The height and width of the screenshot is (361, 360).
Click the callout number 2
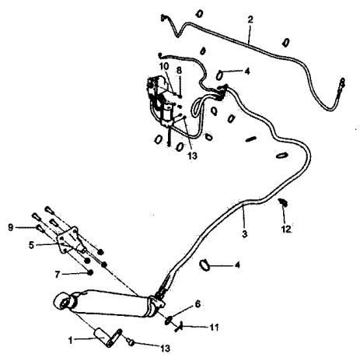click(x=250, y=19)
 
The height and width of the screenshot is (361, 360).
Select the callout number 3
click(x=245, y=233)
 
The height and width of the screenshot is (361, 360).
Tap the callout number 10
click(x=164, y=66)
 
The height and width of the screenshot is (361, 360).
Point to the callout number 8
click(x=179, y=70)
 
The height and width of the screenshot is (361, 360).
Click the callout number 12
click(x=286, y=229)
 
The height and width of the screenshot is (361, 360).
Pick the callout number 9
click(x=10, y=227)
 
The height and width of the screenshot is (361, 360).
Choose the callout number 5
click(x=31, y=245)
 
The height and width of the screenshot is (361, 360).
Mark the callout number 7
click(x=58, y=274)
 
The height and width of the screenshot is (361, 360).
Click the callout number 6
click(x=197, y=304)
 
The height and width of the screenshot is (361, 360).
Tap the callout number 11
click(x=214, y=328)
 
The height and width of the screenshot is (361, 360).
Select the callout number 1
click(x=71, y=340)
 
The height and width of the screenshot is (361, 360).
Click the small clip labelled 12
click(x=282, y=202)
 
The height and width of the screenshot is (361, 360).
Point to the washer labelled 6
click(x=169, y=320)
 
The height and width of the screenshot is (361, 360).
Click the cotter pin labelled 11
click(x=180, y=326)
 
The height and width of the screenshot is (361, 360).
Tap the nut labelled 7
click(x=90, y=272)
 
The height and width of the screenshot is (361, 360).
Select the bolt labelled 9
click(x=40, y=228)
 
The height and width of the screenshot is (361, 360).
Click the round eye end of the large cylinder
click(x=63, y=301)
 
